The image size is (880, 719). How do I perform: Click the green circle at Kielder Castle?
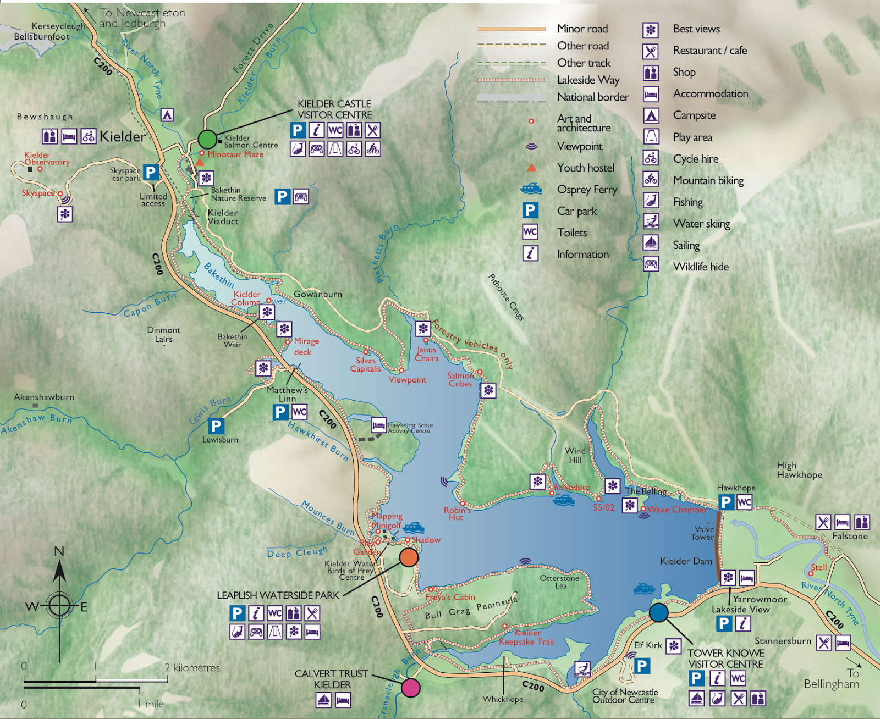click(x=207, y=139)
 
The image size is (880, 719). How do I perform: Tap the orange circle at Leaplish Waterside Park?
click(x=409, y=557)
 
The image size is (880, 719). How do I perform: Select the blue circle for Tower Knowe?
click(x=658, y=612)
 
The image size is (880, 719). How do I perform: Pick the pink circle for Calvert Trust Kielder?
click(x=411, y=688)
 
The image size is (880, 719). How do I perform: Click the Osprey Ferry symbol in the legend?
click(x=531, y=189)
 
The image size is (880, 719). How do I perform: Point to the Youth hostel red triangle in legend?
click(x=531, y=168)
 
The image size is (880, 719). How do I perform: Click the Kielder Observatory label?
click(x=46, y=158)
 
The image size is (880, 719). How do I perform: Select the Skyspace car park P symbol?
click(x=151, y=173)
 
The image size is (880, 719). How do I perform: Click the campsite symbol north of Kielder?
click(x=167, y=115)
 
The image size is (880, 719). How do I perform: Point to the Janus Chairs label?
click(x=427, y=353)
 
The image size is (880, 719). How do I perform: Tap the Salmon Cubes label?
click(x=460, y=379)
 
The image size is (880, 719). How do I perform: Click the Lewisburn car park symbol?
click(x=216, y=425)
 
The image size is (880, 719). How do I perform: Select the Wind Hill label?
click(x=575, y=455)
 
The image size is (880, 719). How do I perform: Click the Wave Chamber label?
click(x=676, y=510)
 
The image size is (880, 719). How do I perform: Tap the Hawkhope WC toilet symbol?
click(x=744, y=502)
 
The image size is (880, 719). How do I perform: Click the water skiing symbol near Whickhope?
click(x=582, y=669)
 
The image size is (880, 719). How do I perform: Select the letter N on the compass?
click(x=59, y=551)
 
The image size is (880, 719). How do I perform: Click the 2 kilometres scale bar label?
click(x=192, y=668)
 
